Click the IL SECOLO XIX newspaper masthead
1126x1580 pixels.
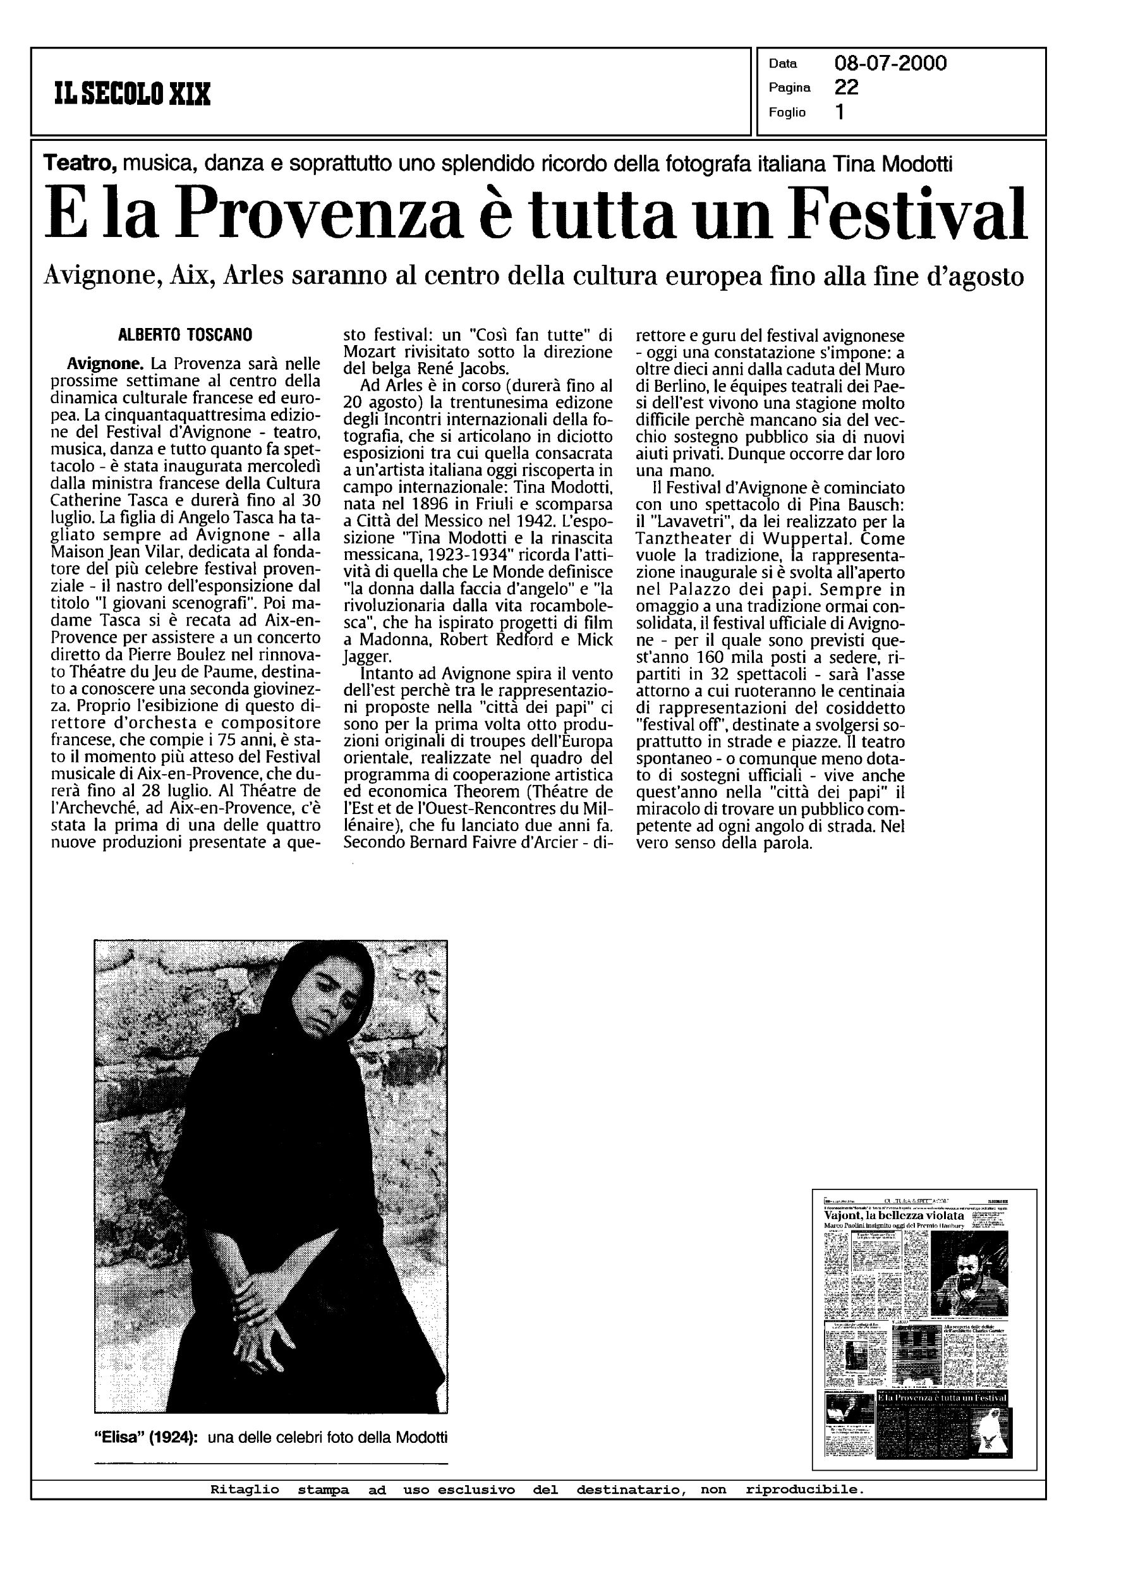click(x=131, y=93)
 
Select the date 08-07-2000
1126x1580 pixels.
click(x=890, y=64)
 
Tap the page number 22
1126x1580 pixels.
click(x=847, y=87)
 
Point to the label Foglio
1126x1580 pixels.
click(x=787, y=112)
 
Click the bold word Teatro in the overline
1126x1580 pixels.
click(x=78, y=164)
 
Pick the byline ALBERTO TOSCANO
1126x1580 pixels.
click(x=186, y=335)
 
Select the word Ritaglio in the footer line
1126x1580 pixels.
click(x=245, y=1489)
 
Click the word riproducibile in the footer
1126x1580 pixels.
click(x=804, y=1489)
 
